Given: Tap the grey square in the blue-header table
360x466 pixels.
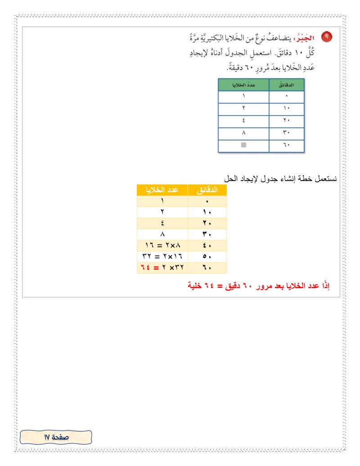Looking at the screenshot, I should tap(243, 145).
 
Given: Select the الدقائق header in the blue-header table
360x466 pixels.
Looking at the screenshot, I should tap(286, 85).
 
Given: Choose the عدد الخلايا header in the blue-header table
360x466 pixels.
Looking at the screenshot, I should tap(243, 85).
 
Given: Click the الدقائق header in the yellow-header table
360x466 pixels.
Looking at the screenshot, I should tap(207, 190).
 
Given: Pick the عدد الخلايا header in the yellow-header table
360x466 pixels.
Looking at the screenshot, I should tap(162, 190).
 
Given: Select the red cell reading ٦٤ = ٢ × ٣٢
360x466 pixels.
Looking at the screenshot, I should tap(162, 269).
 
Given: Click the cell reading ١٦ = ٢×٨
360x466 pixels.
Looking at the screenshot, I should tap(162, 246).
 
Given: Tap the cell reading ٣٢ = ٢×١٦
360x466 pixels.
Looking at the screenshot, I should tap(162, 258).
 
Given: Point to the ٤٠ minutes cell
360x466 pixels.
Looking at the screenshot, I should tap(207, 246).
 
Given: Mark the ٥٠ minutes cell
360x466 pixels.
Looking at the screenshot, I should tap(207, 258).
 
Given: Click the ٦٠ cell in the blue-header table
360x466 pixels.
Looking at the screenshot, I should tap(286, 145).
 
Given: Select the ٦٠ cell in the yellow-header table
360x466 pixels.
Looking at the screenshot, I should tap(207, 269).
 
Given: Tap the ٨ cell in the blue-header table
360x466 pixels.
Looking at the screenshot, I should tap(243, 133).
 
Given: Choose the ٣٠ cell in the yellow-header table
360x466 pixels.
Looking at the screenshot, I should tap(207, 235).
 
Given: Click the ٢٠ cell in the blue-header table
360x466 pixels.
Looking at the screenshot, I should tap(286, 121).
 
